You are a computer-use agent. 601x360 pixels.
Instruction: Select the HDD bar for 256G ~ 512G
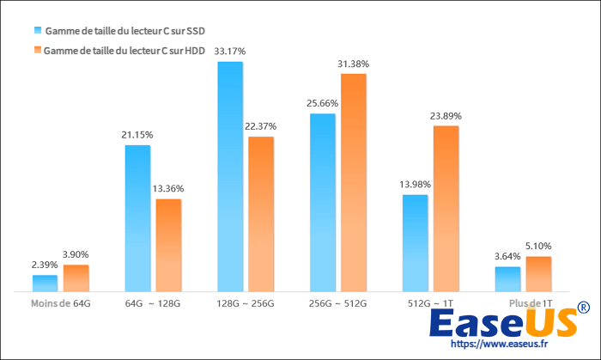[354, 184]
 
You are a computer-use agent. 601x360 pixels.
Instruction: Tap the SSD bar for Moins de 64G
[45, 284]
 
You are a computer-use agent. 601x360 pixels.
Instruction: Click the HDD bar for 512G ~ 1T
[446, 210]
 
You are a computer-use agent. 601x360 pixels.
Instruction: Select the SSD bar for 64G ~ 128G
[137, 219]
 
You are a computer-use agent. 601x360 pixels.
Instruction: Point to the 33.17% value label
[230, 52]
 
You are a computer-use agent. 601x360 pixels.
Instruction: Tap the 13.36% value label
[168, 189]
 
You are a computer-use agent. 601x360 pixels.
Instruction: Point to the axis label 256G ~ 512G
[338, 303]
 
